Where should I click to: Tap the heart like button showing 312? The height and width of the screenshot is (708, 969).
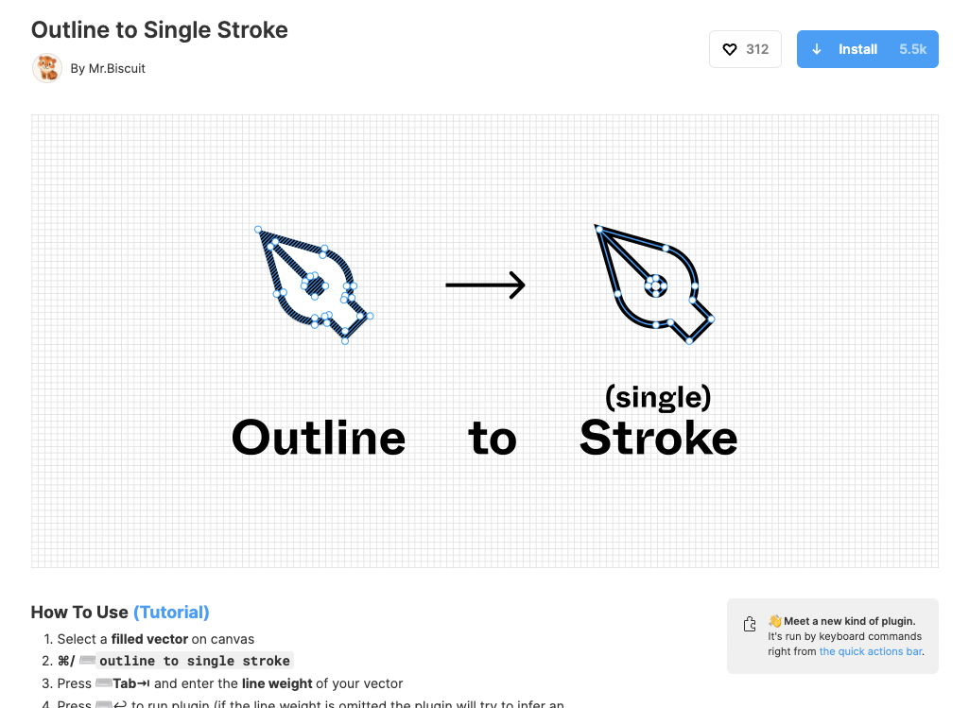(x=745, y=49)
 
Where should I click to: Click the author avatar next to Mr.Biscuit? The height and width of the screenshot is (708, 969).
(x=46, y=68)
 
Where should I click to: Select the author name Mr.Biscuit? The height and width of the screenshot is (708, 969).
(x=116, y=68)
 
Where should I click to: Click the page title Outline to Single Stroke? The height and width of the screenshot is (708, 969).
(x=159, y=29)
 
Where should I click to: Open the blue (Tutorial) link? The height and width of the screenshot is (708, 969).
(x=171, y=612)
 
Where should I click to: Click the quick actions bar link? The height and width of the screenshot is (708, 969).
(x=870, y=651)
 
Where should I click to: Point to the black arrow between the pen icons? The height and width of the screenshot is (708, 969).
(x=485, y=285)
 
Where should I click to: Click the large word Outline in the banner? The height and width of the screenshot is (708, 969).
(x=319, y=438)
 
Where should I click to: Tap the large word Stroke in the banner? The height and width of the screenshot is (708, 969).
(x=658, y=438)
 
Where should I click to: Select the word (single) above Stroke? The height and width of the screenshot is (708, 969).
(x=658, y=397)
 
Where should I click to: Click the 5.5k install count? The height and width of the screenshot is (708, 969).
(x=912, y=49)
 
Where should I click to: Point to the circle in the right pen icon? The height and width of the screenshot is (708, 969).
(x=655, y=283)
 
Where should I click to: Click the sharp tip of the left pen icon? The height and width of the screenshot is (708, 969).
(x=258, y=230)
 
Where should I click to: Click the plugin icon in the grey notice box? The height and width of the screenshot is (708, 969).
(x=750, y=624)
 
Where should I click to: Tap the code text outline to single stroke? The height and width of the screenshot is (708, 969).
(x=195, y=661)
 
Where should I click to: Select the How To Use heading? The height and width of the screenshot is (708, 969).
(x=79, y=612)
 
